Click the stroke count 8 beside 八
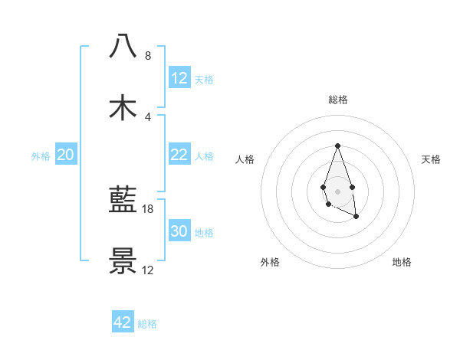click(x=148, y=56)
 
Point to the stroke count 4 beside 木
click(x=148, y=117)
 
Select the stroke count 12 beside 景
click(x=149, y=270)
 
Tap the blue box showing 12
click(x=179, y=78)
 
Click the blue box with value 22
click(x=179, y=155)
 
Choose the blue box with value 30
click(x=179, y=231)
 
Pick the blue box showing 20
click(x=66, y=155)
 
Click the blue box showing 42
click(x=123, y=322)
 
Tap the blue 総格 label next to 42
click(x=147, y=324)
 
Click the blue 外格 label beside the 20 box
click(x=41, y=156)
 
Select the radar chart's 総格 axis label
click(x=337, y=100)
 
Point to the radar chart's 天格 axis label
click(x=432, y=159)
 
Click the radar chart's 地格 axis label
click(x=402, y=262)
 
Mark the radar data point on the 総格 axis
click(x=337, y=146)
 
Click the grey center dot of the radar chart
click(x=337, y=190)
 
